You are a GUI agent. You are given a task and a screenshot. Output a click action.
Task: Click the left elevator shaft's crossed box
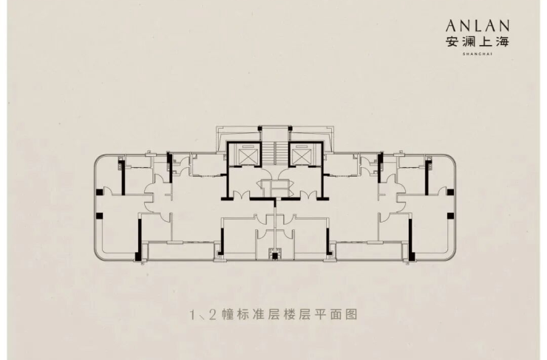click(247, 156)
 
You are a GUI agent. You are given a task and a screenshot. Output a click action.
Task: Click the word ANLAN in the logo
click(478, 26)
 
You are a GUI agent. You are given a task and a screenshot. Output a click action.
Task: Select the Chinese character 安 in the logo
click(452, 42)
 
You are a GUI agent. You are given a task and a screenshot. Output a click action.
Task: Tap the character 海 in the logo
click(503, 42)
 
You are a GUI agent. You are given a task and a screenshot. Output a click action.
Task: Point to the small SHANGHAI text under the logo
click(478, 54)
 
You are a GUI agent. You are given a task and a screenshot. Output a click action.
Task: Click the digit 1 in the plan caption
click(193, 315)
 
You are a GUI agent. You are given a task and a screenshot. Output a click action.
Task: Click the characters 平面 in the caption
click(328, 315)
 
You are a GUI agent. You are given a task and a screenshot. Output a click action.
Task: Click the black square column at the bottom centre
click(275, 257)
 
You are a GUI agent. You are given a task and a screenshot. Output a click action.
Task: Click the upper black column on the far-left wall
click(100, 192)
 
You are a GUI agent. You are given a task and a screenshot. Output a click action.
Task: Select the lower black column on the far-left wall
click(100, 216)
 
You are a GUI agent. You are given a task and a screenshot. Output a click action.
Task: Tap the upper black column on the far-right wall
click(450, 192)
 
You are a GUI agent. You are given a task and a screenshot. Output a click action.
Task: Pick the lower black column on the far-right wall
click(450, 216)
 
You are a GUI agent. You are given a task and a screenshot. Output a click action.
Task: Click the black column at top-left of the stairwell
click(259, 129)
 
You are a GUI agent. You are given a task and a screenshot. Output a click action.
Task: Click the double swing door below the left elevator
click(241, 194)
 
